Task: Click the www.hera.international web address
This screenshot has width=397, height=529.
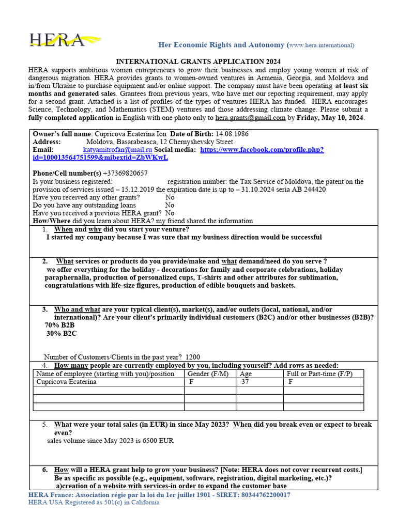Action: (320, 45)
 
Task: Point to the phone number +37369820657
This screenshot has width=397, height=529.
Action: (125, 173)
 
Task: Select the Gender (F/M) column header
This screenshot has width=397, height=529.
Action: (207, 374)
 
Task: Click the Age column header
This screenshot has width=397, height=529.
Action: (246, 374)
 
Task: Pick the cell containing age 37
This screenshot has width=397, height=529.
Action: (247, 382)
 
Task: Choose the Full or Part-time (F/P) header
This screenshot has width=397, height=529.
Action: (319, 374)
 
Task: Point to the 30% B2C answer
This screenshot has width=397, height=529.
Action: (62, 334)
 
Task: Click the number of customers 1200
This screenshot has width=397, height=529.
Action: (192, 357)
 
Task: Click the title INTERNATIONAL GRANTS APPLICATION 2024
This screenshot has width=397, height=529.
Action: (198, 61)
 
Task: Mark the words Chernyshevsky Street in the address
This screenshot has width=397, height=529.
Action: (201, 142)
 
